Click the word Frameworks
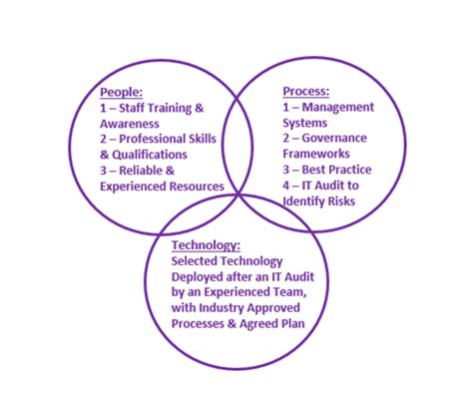point(317,155)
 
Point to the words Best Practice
point(340,170)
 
